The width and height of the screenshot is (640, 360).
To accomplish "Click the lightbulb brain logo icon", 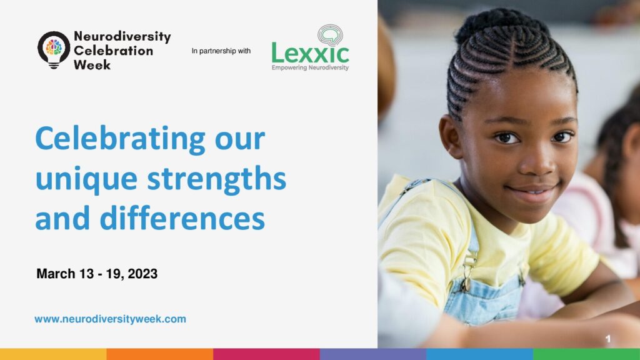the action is point(54,50).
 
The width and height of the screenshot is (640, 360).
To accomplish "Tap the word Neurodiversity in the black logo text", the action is point(122,36).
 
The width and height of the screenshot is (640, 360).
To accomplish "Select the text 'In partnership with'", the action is point(221,51).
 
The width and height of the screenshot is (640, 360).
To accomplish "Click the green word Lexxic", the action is point(310,54).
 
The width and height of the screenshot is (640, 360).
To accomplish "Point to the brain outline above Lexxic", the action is point(330,35).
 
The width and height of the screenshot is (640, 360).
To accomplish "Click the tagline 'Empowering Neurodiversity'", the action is point(310,67).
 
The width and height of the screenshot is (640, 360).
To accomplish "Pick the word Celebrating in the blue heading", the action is point(121,139).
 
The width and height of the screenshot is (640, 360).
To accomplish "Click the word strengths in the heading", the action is point(217,179).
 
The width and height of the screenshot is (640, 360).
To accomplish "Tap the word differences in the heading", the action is point(182,217).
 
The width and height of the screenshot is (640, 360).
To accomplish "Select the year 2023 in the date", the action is point(142,274).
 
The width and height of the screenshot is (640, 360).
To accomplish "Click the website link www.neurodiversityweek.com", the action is point(110,319).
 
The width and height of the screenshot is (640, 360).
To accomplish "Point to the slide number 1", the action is point(607,338).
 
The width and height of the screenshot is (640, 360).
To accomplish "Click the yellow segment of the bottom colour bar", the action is point(53,354).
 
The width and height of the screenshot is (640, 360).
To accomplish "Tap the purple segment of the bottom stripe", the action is point(373,354).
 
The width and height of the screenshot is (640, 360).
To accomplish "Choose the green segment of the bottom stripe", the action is point(586,354).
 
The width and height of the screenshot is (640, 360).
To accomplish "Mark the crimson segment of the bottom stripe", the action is point(266,354).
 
